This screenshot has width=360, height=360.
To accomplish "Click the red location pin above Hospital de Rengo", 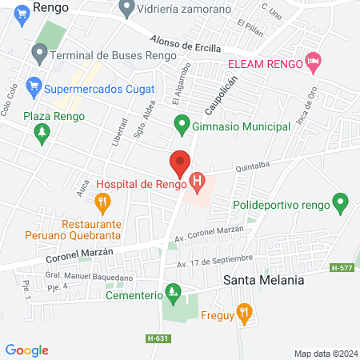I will tap(180, 162).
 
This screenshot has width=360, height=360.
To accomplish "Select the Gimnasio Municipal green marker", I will tap(182, 124).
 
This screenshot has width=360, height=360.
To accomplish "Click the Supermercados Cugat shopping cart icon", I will tap(34, 86).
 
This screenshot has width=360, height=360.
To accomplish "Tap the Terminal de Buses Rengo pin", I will tap(38, 54).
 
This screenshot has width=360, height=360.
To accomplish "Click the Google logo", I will tap(27, 350).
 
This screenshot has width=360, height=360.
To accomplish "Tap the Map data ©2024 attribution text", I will tap(324, 353).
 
